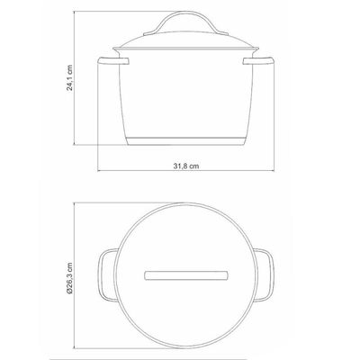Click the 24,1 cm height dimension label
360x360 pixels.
[x=69, y=77]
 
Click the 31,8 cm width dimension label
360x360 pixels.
[x=186, y=166]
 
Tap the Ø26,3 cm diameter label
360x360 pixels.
[x=69, y=278]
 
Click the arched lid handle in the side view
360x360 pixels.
[x=186, y=13]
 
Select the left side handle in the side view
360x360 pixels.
[x=112, y=61]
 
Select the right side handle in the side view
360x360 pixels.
[x=258, y=61]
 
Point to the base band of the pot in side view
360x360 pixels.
[x=186, y=141]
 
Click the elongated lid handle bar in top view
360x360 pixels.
[x=186, y=275]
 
